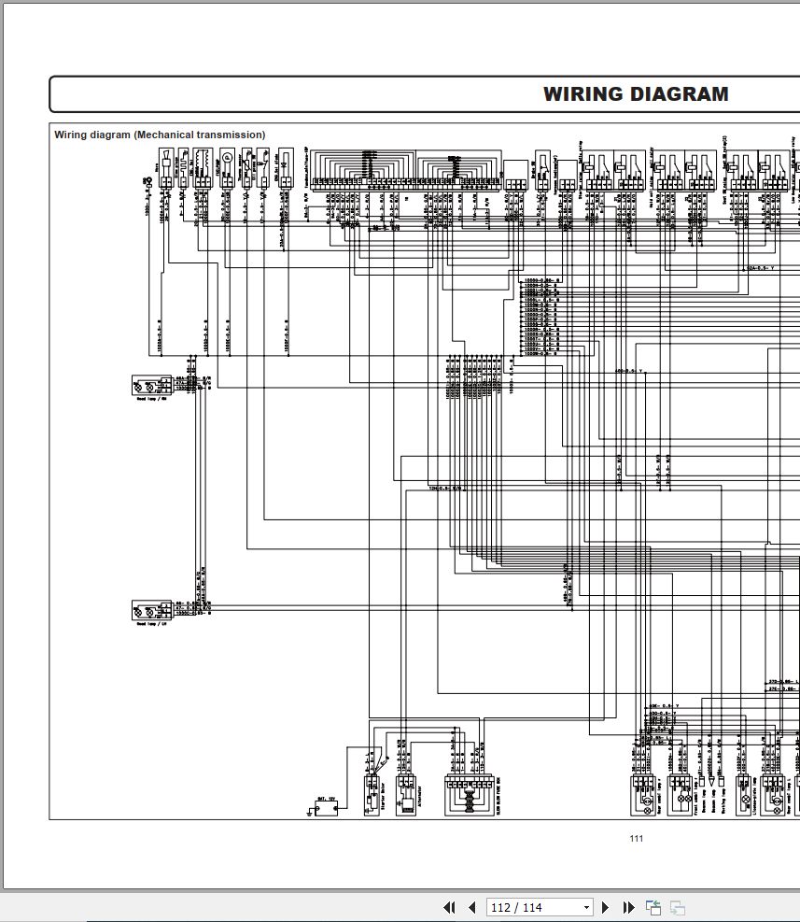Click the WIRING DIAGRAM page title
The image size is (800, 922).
[x=636, y=94]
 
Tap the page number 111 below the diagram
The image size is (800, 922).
[x=636, y=838]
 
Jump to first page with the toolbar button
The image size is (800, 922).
[x=449, y=907]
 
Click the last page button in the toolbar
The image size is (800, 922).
[x=628, y=907]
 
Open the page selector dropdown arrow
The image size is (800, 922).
[x=586, y=907]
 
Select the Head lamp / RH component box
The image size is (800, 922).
[x=150, y=384]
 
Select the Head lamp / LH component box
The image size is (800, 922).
[x=150, y=611]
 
